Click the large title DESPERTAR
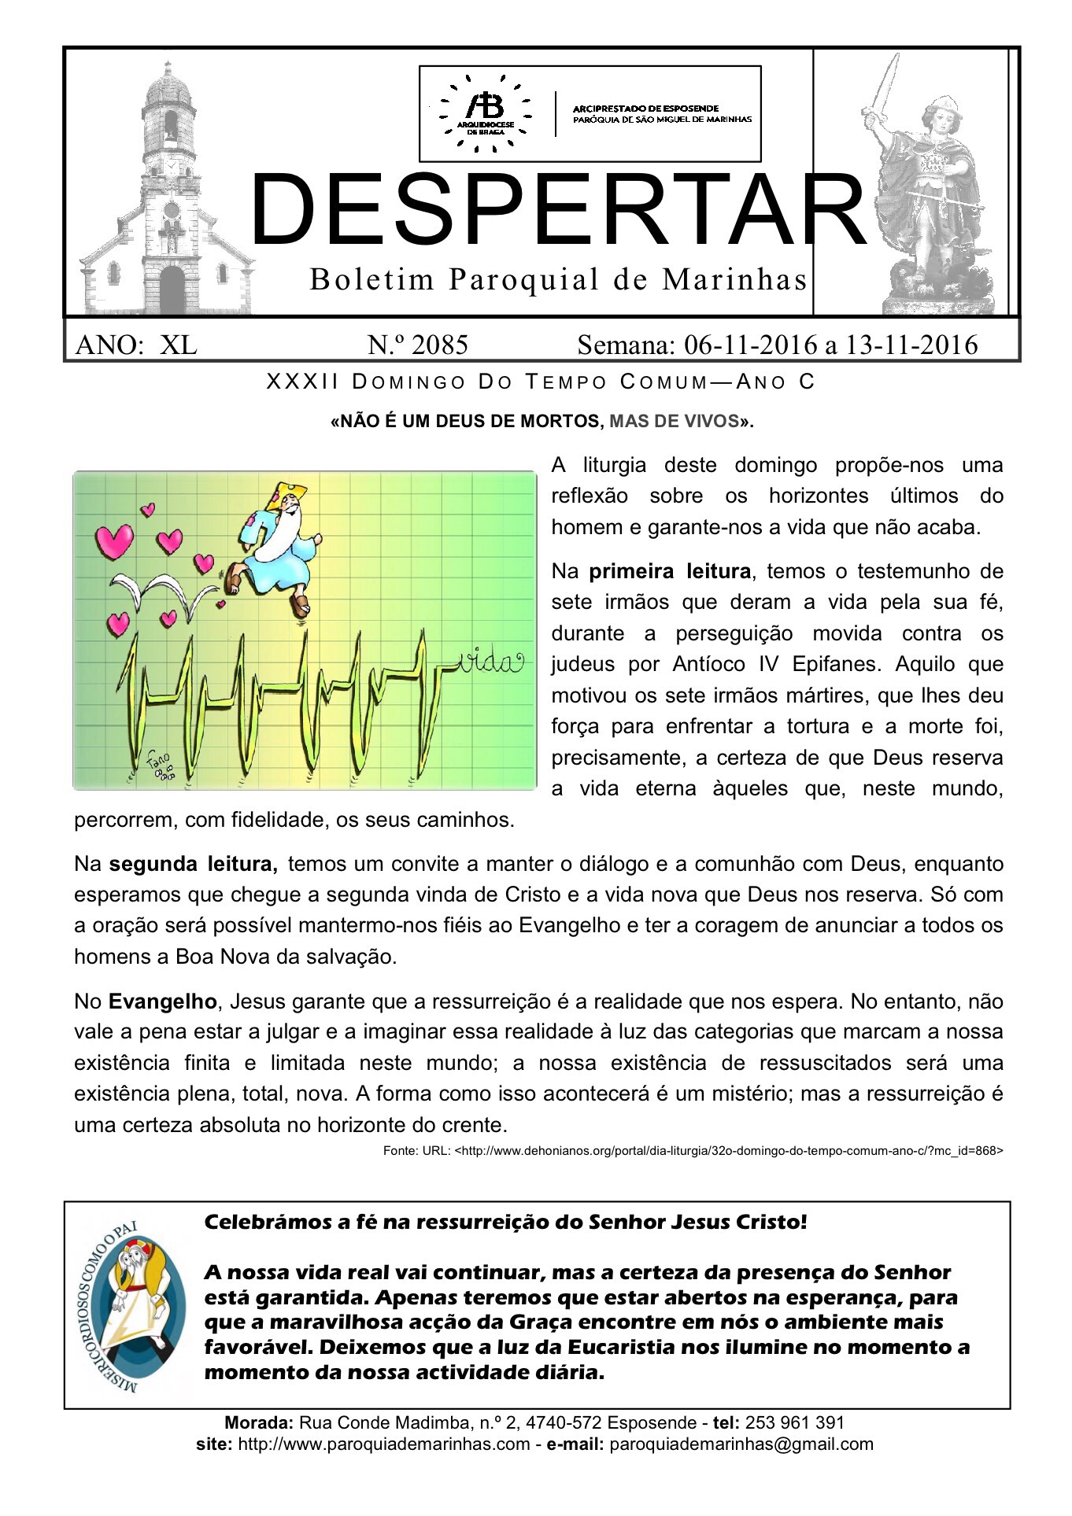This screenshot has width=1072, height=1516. click(x=557, y=210)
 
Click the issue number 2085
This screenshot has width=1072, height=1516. click(x=417, y=345)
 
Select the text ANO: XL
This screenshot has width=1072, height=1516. click(x=135, y=345)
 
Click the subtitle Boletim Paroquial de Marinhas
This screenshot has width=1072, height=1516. click(x=559, y=279)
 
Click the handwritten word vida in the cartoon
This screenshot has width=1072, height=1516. click(x=489, y=662)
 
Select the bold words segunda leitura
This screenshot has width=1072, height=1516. click(x=193, y=864)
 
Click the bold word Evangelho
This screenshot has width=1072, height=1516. click(x=162, y=1001)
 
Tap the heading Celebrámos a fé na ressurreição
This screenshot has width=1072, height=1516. click(x=505, y=1222)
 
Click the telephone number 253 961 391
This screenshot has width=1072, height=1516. click(x=794, y=1422)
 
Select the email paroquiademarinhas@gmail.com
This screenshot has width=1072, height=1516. click(x=741, y=1444)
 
